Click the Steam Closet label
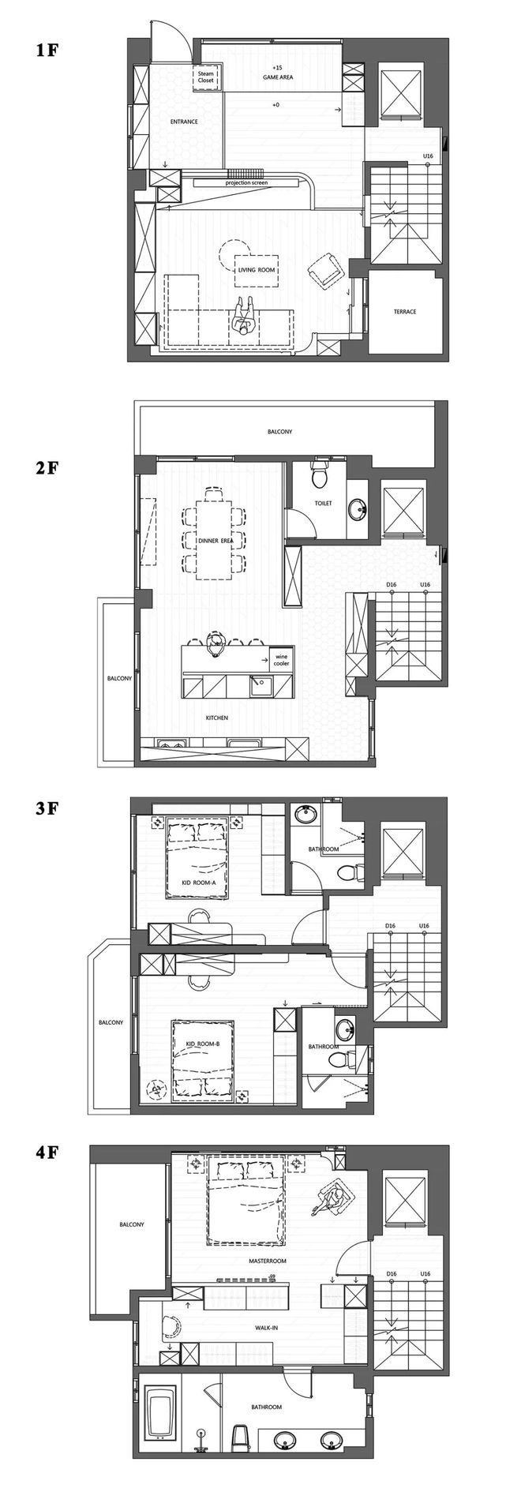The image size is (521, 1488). [206, 77]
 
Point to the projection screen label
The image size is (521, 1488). [246, 182]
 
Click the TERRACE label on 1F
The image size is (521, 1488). [404, 312]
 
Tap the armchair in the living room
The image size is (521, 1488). [324, 270]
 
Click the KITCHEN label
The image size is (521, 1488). [217, 718]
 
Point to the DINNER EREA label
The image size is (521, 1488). [214, 541]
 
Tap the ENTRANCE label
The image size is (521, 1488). [183, 122]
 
